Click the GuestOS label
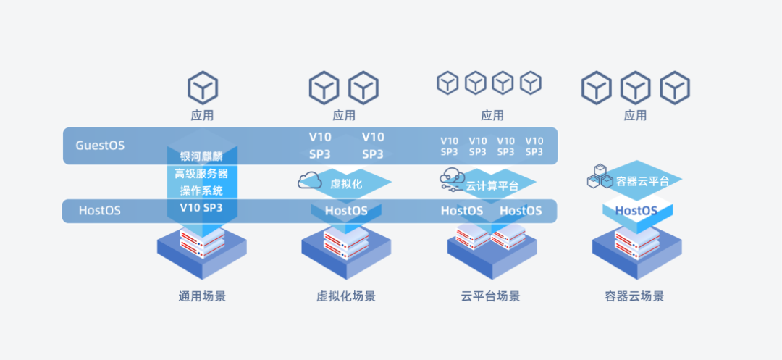point(100,145)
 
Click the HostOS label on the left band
point(100,211)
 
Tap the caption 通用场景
point(202,296)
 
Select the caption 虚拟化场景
point(346,296)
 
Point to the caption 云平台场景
point(490,296)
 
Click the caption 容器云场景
point(634,296)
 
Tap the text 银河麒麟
point(202,156)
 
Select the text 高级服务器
point(202,174)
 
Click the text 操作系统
point(202,191)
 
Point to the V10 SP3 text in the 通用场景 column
point(202,208)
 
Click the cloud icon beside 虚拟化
point(310,180)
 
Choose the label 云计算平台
point(492,185)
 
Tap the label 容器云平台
point(642,181)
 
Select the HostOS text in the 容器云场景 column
point(636,211)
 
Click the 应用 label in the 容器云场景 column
point(635,115)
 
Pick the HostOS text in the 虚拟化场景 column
point(346,211)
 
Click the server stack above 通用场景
point(202,245)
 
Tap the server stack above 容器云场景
point(636,245)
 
